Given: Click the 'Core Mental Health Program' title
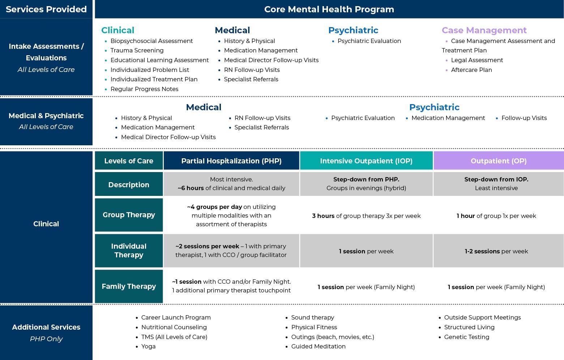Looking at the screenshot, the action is coord(329,9).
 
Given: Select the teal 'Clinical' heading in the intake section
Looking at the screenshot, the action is coord(117,30).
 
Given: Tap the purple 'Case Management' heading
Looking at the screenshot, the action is coord(484,30).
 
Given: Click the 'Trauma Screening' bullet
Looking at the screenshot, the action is coord(137,50).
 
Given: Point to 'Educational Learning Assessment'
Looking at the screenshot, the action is coord(160,60).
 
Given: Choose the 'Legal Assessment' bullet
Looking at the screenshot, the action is coord(477,60).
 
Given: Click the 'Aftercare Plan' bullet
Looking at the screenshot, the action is coord(471,70).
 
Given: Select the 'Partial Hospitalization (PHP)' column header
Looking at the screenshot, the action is coord(231,160).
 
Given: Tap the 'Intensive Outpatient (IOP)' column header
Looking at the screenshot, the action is coord(366,160).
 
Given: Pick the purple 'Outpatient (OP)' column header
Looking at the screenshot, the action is coord(499,160).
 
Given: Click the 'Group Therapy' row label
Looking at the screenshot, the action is coord(129,215).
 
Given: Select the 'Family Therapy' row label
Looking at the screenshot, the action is coord(129,286).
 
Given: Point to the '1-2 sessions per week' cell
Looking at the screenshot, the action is coord(496,251).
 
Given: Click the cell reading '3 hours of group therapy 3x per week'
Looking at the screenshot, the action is coord(366,216).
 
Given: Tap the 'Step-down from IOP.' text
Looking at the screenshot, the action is coord(496,179).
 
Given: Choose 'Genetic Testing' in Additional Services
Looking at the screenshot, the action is coord(466,337).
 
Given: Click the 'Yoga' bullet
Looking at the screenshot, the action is coord(148,346).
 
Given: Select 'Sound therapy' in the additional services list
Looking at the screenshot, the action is coord(312,317).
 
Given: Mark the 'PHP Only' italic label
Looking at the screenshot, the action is coord(46,339).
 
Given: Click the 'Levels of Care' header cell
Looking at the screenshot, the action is coord(129,160).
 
